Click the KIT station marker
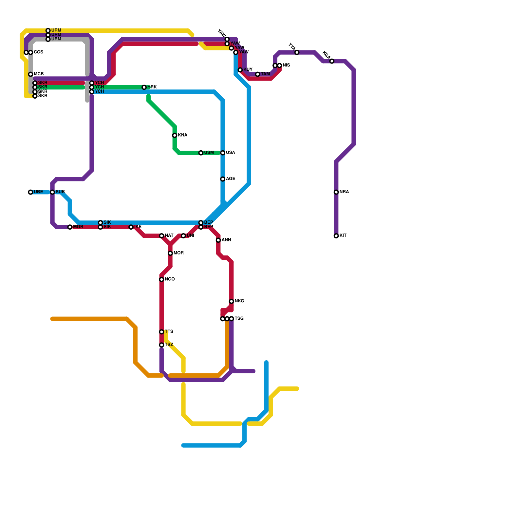[x=336, y=236]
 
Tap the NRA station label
[x=344, y=192]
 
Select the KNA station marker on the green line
[x=175, y=135]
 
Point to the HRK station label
[x=152, y=87]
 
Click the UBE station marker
[x=30, y=192]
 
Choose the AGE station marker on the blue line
[x=223, y=179]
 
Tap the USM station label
[x=209, y=153]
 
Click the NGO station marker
[x=161, y=279]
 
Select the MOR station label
[x=178, y=253]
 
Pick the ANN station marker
[x=218, y=240]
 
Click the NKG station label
[x=239, y=301]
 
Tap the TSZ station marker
[x=161, y=345]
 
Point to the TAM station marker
[x=258, y=74]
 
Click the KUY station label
[x=248, y=70]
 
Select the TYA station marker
[x=297, y=52]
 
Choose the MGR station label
[x=78, y=227]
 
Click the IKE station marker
[x=131, y=227]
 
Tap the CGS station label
[x=39, y=52]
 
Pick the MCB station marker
[x=30, y=74]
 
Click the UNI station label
[x=191, y=236]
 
